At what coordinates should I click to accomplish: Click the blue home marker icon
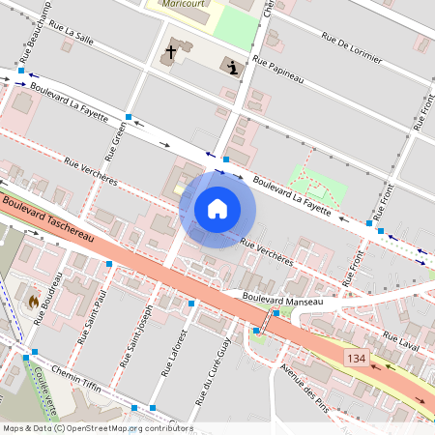pyautogui.click(x=217, y=208)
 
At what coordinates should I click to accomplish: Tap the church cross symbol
pyautogui.click(x=172, y=51)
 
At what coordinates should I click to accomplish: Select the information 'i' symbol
pyautogui.click(x=233, y=66)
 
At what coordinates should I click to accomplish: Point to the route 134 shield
pyautogui.click(x=357, y=358)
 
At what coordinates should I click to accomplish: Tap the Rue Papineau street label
pyautogui.click(x=278, y=71)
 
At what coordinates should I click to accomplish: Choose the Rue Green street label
pyautogui.click(x=116, y=143)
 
